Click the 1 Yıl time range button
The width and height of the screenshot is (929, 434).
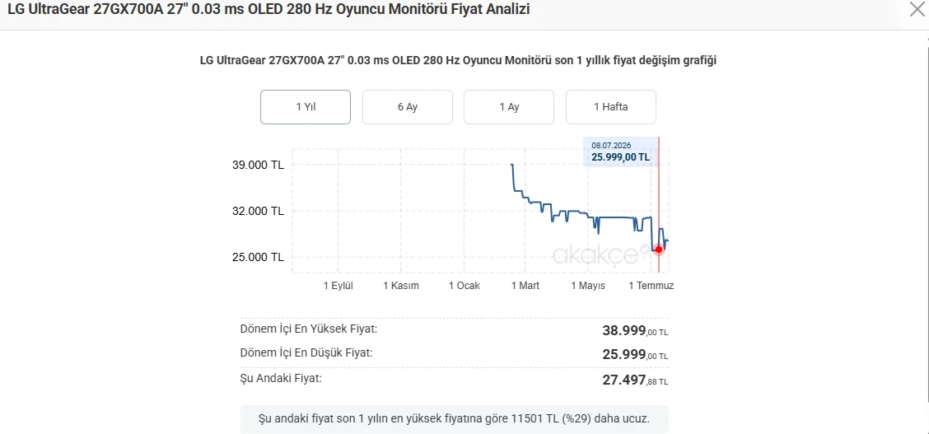pos(305,107)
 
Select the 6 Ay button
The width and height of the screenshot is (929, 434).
pos(408,107)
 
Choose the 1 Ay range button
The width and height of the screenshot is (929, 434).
pos(509,107)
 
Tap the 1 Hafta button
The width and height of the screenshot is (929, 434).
pos(611,107)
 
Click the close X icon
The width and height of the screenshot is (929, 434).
pos(917,9)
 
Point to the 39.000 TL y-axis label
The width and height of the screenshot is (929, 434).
pos(258,165)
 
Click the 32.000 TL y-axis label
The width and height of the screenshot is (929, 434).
pos(258,211)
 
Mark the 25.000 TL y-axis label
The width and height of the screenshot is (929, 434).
pos(258,257)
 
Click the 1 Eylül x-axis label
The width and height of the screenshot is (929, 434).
pos(338,286)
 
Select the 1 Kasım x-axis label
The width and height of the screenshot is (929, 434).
pos(401,286)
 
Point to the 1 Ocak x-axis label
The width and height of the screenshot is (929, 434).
pos(464,286)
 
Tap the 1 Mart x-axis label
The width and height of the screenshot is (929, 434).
pos(525,286)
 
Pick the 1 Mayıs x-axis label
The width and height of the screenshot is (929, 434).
pos(588,286)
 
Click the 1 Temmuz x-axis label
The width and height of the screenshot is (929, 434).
pos(651,286)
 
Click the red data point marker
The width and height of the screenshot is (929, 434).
pos(659,250)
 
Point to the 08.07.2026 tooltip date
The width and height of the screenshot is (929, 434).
pos(610,145)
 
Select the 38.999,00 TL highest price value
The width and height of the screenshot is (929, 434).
pos(635,330)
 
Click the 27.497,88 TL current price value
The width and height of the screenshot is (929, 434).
pos(635,380)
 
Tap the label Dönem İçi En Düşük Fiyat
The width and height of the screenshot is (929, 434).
pos(306,353)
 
